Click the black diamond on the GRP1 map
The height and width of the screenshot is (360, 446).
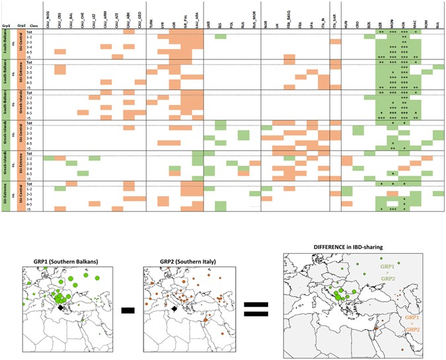[x=61, y=308]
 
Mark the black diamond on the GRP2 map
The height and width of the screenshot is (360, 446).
[x=174, y=308]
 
